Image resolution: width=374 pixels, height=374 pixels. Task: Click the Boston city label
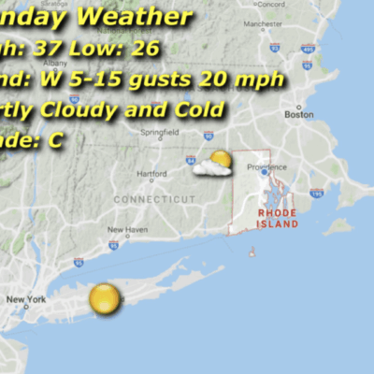tap(297, 114)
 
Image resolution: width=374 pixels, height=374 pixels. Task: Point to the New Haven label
tap(125, 229)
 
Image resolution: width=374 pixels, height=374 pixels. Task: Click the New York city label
tap(25, 299)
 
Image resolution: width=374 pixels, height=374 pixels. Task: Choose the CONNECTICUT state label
tap(154, 199)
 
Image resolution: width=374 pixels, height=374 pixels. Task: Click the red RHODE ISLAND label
tap(278, 219)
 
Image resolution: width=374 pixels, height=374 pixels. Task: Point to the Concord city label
tap(271, 5)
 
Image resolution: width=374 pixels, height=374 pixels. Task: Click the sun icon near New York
tap(105, 299)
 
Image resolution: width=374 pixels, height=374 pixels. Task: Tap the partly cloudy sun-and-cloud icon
tap(214, 165)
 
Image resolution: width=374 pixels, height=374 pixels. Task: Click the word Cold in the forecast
tap(200, 109)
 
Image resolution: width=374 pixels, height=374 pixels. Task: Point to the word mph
tap(259, 79)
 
